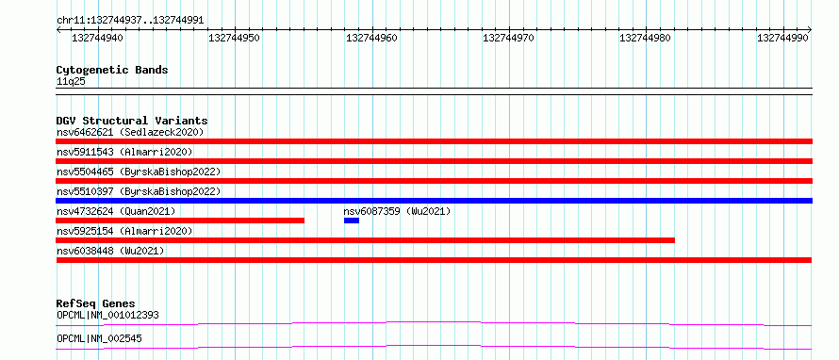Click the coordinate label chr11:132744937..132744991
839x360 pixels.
(x=130, y=21)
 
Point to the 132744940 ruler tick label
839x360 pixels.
(x=97, y=38)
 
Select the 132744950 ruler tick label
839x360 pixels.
(x=235, y=38)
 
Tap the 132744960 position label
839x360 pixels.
(x=371, y=38)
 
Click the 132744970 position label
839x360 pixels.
(x=508, y=38)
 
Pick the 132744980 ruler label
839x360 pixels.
(x=646, y=38)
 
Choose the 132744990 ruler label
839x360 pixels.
(x=782, y=38)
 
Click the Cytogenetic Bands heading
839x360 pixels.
(x=112, y=70)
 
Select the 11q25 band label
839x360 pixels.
(x=71, y=82)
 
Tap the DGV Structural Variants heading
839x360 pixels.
(x=132, y=121)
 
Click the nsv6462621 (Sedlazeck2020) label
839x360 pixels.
(x=130, y=132)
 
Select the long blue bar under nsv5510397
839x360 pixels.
(x=434, y=201)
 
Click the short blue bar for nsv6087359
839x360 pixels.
(x=352, y=221)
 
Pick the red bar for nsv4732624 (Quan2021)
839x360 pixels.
(x=180, y=221)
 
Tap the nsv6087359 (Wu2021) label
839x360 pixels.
(x=397, y=211)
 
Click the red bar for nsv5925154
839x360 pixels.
(x=366, y=240)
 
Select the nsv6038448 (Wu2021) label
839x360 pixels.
(x=110, y=251)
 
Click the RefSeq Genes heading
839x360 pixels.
(x=95, y=303)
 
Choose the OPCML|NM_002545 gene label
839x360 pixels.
(x=99, y=338)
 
